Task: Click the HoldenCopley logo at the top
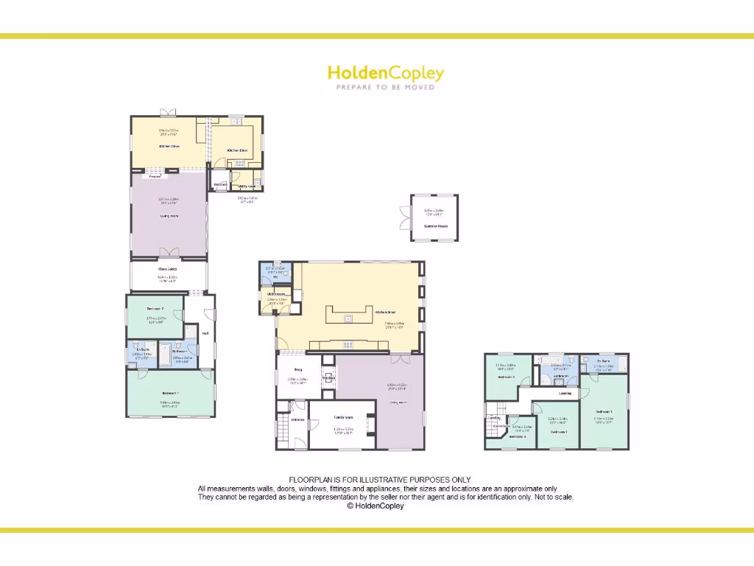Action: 385,73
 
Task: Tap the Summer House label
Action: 434,226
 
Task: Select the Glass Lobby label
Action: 168,269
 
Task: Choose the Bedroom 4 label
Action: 518,436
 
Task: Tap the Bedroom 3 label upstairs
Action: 505,377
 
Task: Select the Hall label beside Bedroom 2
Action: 205,333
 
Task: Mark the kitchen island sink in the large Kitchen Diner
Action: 348,318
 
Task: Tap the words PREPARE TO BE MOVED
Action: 385,87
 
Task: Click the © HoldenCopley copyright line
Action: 376,506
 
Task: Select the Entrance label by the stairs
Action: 298,420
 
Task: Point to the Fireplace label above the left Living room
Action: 155,177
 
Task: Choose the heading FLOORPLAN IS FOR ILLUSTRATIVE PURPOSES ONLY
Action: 379,480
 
